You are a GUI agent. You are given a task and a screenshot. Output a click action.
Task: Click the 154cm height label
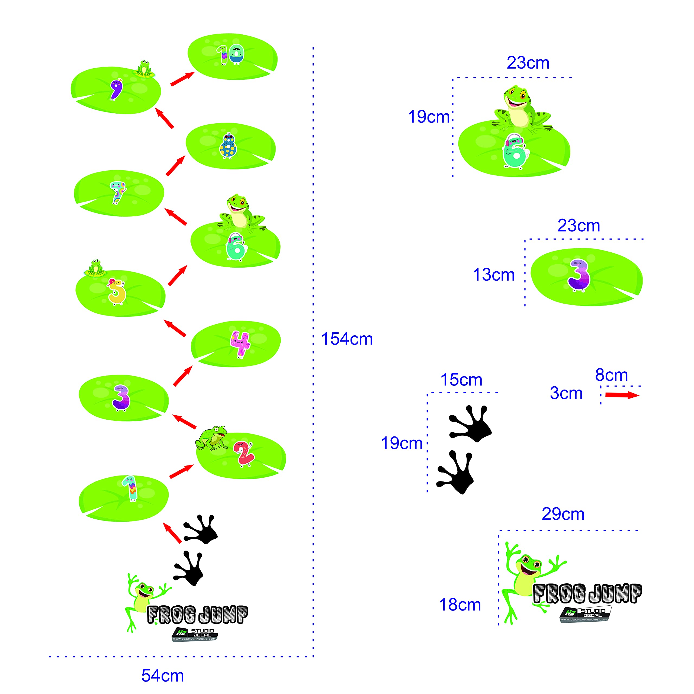point(347,339)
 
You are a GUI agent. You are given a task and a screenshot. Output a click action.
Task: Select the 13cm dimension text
point(494,275)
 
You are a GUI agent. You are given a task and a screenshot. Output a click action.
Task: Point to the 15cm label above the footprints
point(461,380)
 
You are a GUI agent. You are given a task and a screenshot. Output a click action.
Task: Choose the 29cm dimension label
point(563,514)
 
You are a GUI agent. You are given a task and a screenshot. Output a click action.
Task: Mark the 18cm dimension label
point(460,605)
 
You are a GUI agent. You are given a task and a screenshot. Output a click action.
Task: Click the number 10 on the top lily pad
point(230,54)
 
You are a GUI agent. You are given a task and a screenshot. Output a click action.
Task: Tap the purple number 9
point(116,89)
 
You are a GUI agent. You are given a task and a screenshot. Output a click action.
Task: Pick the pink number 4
point(240,344)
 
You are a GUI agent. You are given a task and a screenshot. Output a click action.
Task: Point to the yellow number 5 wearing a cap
point(117,292)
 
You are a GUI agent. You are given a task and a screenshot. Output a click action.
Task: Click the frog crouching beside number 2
point(212,438)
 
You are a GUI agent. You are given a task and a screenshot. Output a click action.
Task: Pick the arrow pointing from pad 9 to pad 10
point(182,79)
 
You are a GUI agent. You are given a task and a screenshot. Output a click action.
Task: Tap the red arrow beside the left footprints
point(172,532)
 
